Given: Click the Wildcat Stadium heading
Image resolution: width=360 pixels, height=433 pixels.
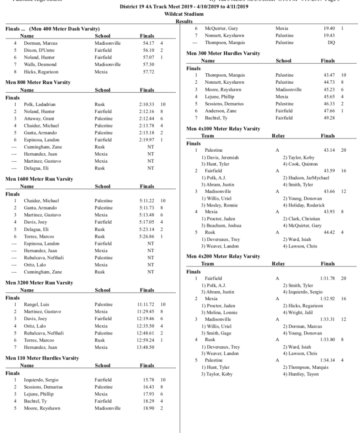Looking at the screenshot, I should coord(180,15).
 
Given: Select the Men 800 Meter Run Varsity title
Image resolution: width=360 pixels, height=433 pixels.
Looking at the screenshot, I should coord(38,82).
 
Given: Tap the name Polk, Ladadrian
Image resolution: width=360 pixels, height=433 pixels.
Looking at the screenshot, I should coord(40,104).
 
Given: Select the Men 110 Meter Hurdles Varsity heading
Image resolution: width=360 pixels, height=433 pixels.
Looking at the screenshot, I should coord(42,358).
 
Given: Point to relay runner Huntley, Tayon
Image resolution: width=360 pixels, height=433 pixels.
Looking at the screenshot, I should coord(300,374).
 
